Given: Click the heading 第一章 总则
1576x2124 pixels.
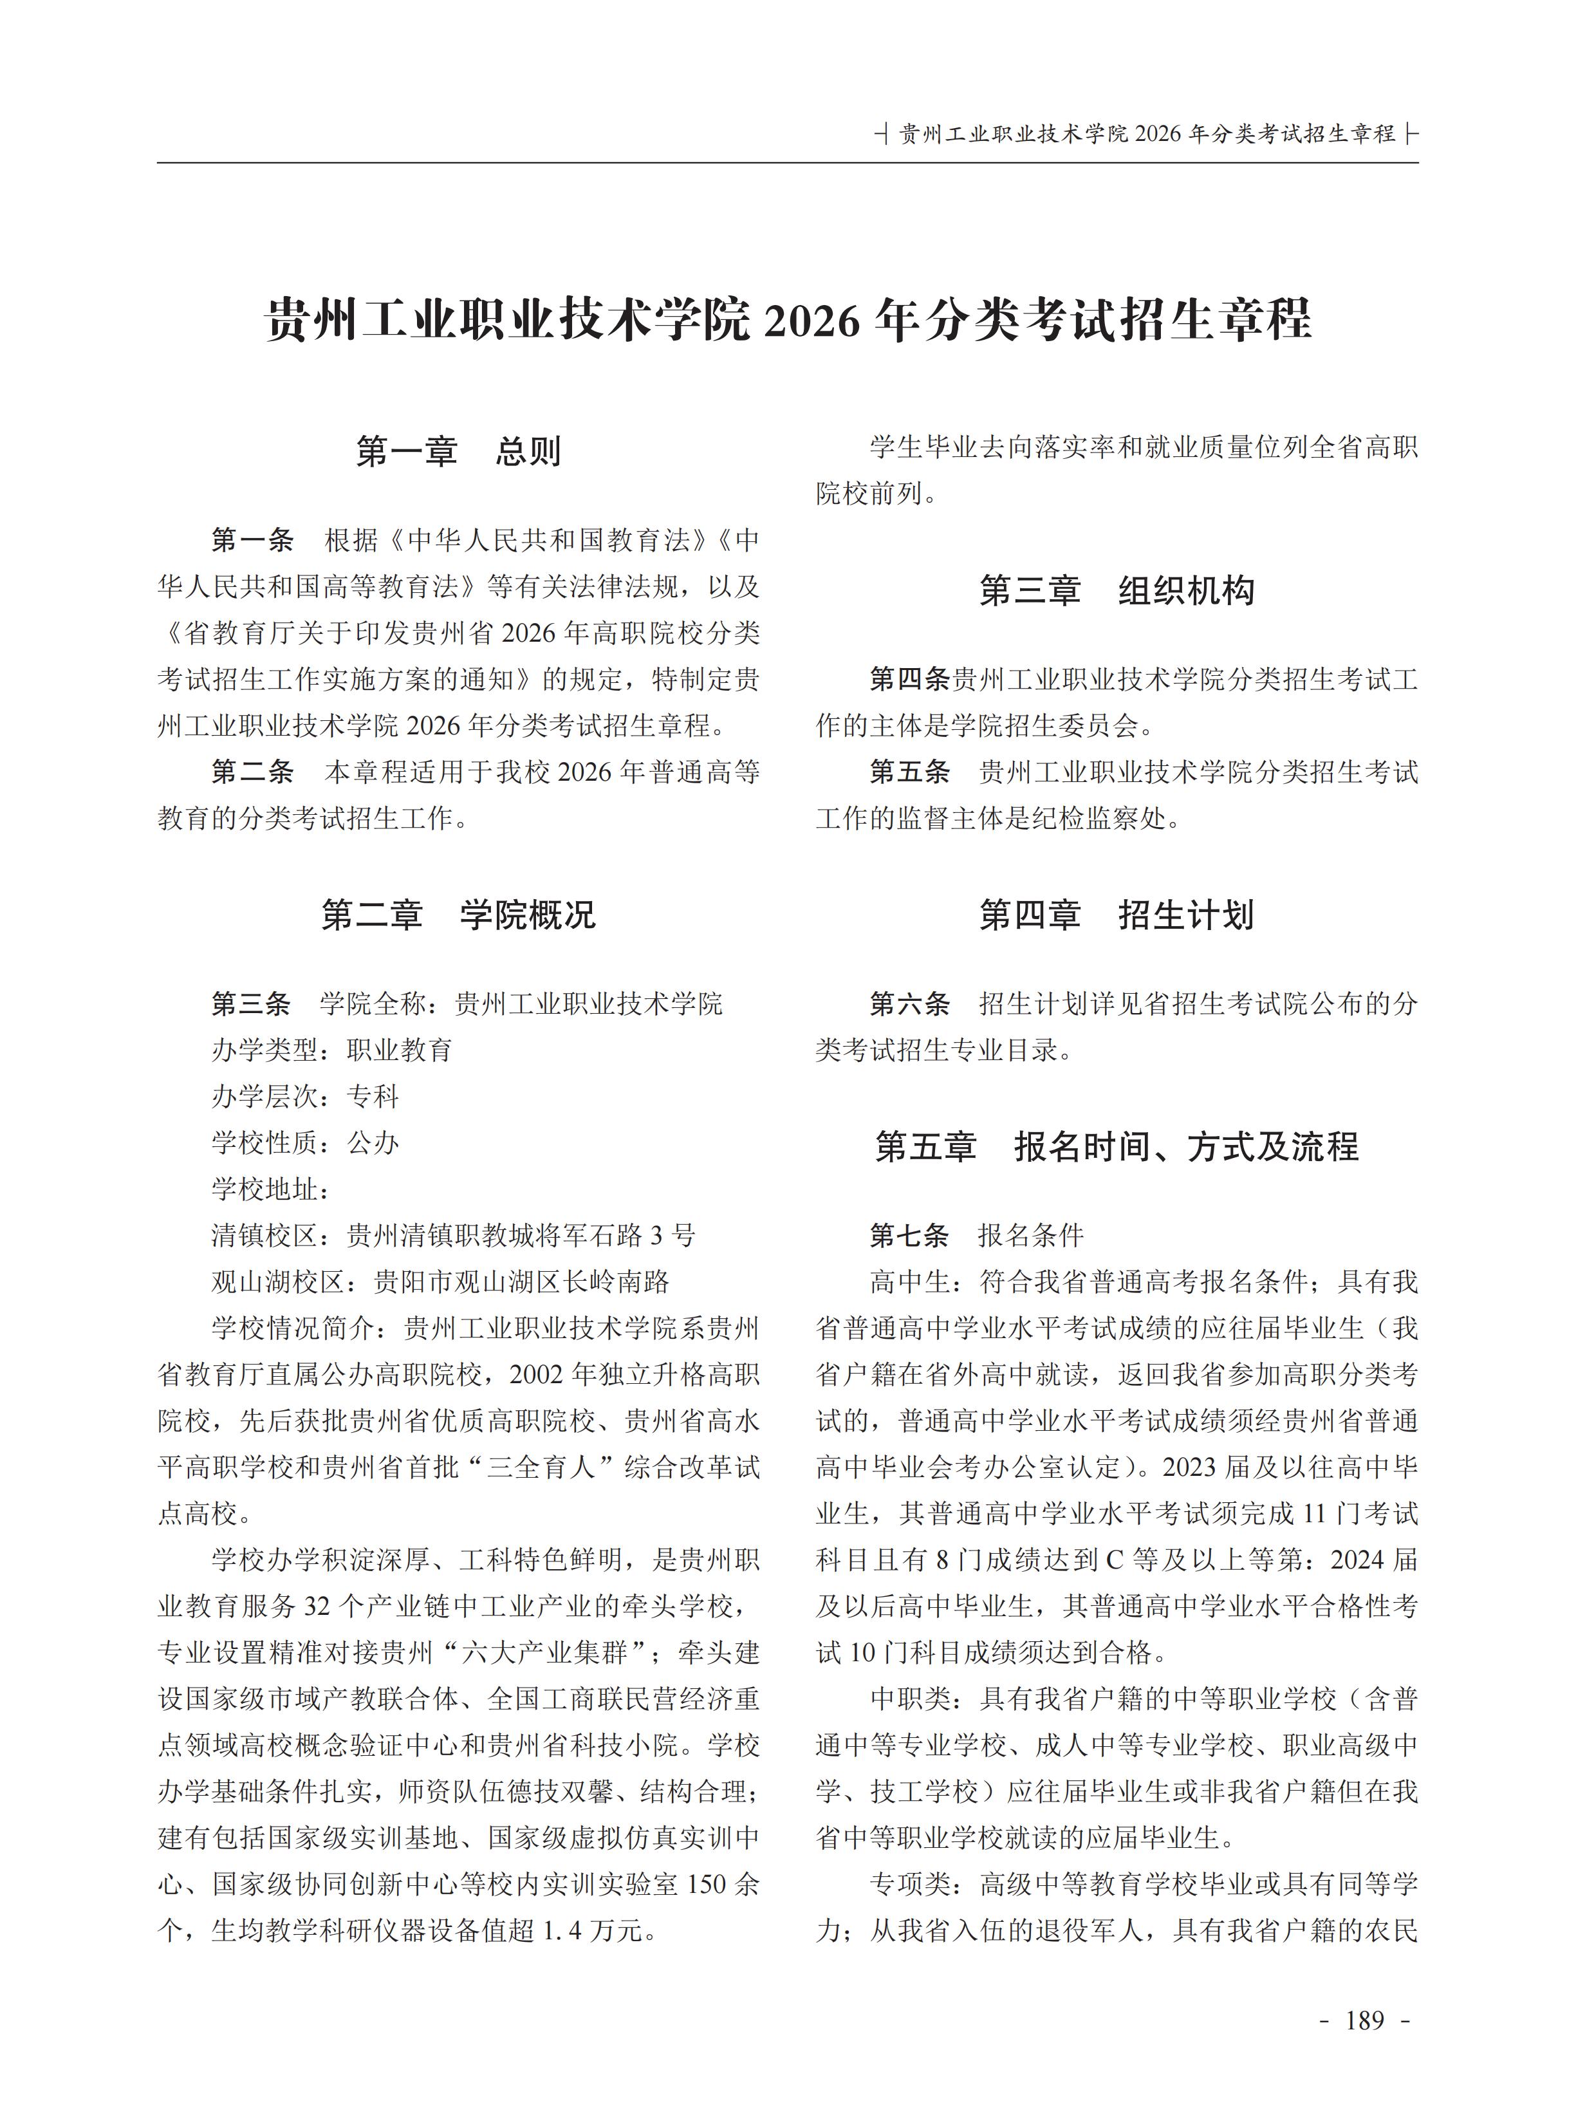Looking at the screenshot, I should (458, 451).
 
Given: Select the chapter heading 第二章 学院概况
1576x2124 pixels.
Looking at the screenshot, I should (458, 914).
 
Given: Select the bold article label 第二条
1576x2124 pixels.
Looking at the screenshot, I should (252, 772).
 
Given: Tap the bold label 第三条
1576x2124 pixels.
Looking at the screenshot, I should (252, 1004).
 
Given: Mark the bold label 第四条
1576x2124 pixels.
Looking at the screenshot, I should (909, 680).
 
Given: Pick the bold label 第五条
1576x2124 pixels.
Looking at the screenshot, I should (909, 772).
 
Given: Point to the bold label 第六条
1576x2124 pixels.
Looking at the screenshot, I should (909, 1004).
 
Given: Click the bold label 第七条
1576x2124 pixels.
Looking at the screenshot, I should (909, 1236).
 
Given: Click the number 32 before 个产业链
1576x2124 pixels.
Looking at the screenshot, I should (317, 1607).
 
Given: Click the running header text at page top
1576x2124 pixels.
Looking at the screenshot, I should (1147, 135).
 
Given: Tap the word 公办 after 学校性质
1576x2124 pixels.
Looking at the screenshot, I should (373, 1143).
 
